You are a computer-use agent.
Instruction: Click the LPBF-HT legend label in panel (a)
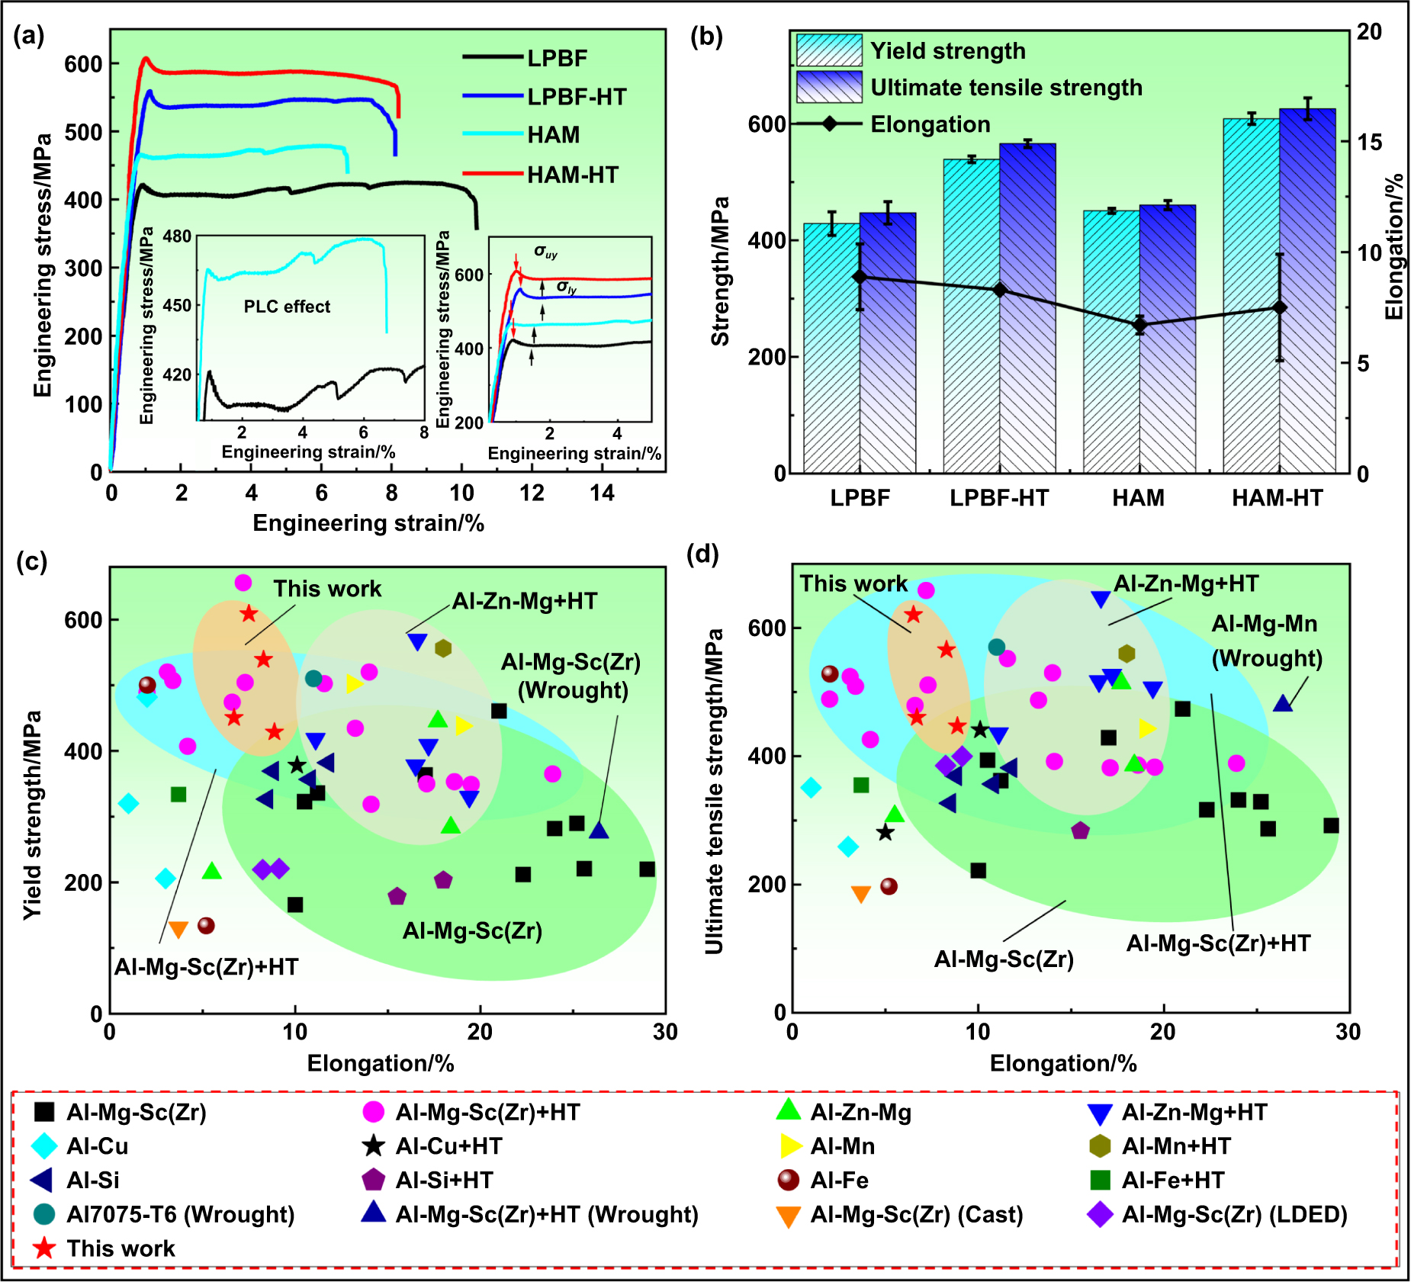[x=577, y=97]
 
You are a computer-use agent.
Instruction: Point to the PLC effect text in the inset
[x=287, y=307]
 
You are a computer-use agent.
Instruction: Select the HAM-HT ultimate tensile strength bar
[x=1307, y=290]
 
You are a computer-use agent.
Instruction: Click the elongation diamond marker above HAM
[x=1139, y=325]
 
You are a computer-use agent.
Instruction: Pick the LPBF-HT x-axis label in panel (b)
[x=999, y=498]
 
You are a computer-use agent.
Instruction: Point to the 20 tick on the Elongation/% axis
[x=1369, y=31]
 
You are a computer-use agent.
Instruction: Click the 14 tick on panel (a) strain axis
[x=602, y=493]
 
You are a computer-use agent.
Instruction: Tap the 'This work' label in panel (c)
[x=327, y=589]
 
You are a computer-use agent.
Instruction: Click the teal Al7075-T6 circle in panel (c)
[x=313, y=678]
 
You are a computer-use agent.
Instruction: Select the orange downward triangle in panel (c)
[x=178, y=930]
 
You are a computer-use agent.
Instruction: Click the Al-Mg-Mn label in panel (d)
[x=1265, y=624]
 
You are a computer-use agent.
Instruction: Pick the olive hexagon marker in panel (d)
[x=1127, y=654]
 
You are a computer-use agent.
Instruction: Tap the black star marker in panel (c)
[x=297, y=765]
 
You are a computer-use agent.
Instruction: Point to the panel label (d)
[x=702, y=554]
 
